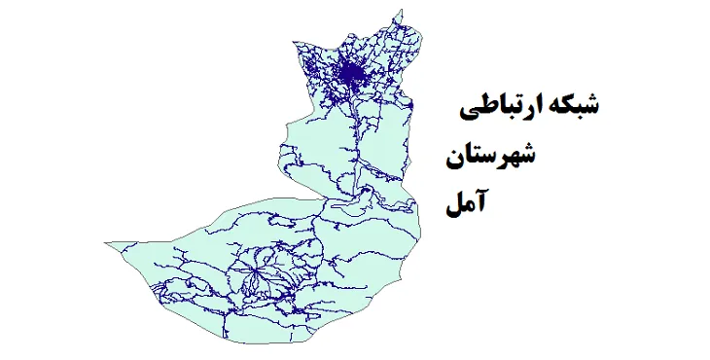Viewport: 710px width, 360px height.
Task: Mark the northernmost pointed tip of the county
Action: click(397, 11)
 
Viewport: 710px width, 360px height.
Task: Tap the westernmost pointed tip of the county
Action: click(107, 239)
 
